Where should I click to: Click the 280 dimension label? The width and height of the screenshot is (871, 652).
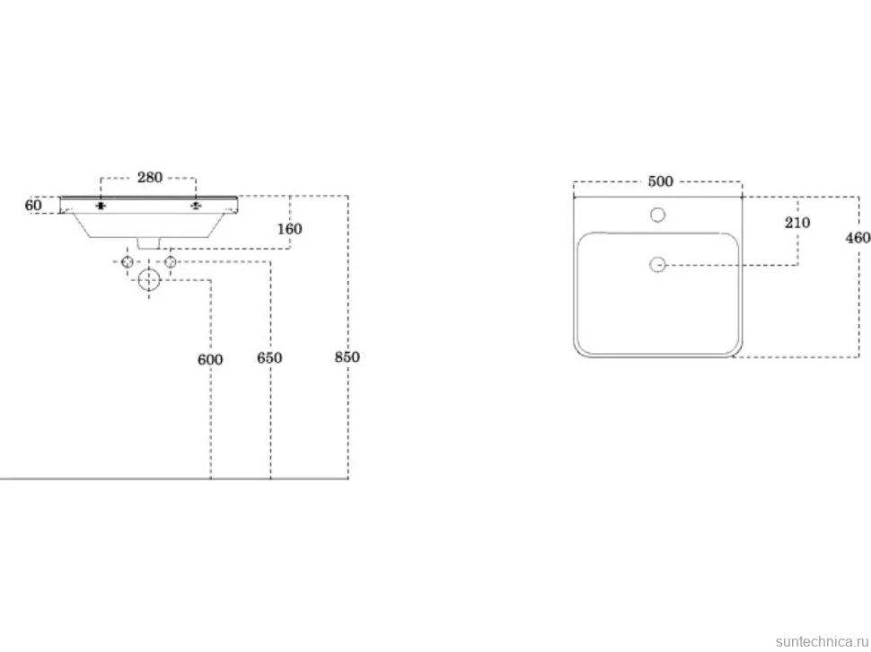click(x=150, y=178)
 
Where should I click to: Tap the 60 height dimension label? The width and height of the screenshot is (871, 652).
click(x=33, y=206)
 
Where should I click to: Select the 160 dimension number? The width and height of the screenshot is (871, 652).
click(x=289, y=229)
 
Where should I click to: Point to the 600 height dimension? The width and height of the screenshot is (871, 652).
click(x=210, y=360)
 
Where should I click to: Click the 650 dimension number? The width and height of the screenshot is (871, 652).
click(x=269, y=358)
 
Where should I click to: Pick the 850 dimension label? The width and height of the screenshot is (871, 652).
click(x=348, y=357)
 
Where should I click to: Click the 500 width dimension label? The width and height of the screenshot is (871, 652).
click(x=661, y=181)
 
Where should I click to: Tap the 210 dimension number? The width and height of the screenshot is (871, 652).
click(x=797, y=223)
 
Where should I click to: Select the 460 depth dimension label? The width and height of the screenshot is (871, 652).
click(x=858, y=238)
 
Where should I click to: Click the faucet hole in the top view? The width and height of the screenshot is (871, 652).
click(x=657, y=215)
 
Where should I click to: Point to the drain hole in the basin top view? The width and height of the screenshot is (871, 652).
click(x=657, y=265)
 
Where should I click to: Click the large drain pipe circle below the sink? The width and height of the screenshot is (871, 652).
click(x=149, y=280)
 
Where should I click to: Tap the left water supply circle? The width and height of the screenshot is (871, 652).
click(x=128, y=262)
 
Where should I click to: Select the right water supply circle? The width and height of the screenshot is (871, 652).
click(x=170, y=262)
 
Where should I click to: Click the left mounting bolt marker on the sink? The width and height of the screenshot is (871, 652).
click(x=101, y=206)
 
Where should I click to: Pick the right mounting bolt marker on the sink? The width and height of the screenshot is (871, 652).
click(x=196, y=206)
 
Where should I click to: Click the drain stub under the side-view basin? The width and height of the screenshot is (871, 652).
click(x=149, y=243)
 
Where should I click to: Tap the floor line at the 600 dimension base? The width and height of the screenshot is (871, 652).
click(x=210, y=479)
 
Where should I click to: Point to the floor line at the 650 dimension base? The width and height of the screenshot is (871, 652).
click(x=270, y=479)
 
